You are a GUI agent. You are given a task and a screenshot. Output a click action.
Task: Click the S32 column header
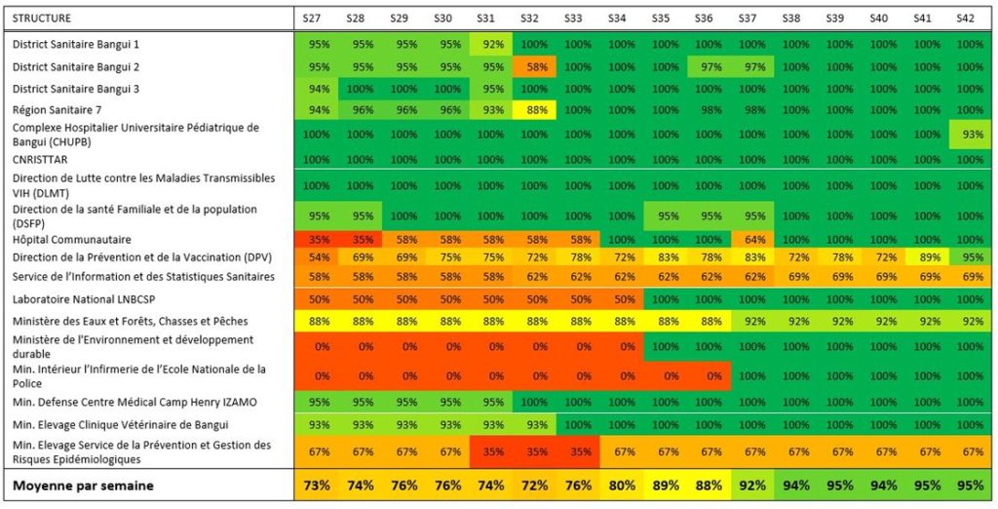click(530, 18)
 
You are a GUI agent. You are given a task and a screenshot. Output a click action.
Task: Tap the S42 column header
click(966, 18)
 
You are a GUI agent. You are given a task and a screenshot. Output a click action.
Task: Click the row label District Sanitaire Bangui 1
click(76, 45)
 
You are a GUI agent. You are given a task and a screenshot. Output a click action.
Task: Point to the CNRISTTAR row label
click(42, 159)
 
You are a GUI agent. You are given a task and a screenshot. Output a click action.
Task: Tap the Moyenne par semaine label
click(83, 485)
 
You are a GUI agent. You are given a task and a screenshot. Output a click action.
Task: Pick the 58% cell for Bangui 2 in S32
click(530, 67)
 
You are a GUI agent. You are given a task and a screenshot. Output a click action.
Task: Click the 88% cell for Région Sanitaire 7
click(530, 109)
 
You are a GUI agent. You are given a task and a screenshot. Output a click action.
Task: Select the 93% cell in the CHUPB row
click(966, 134)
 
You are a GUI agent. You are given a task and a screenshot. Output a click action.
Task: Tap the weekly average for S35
click(661, 485)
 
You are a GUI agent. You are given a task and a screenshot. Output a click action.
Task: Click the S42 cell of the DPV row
click(966, 257)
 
